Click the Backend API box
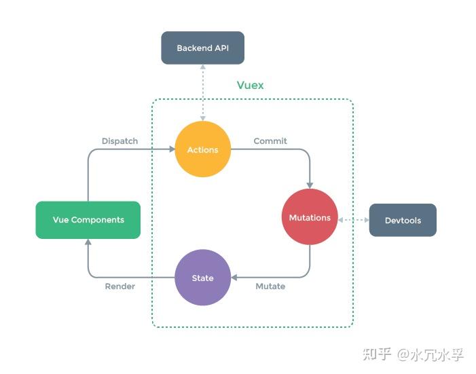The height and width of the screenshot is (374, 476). click(x=202, y=48)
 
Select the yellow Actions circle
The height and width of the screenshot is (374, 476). click(x=202, y=149)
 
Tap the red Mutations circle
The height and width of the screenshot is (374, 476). click(x=310, y=217)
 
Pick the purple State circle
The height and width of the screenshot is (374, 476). click(x=202, y=278)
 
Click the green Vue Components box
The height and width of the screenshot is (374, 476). click(x=88, y=220)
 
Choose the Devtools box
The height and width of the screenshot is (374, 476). click(x=403, y=220)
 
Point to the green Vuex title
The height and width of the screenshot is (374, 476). click(x=250, y=86)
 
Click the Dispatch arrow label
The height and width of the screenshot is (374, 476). click(x=120, y=141)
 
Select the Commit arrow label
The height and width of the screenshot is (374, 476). click(x=270, y=141)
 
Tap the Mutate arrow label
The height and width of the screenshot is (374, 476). click(x=270, y=286)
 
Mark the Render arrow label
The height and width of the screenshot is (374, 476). click(x=120, y=286)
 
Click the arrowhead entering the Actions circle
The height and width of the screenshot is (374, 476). click(x=171, y=149)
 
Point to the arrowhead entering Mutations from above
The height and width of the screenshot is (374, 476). click(x=310, y=185)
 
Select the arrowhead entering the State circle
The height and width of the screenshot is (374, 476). click(x=234, y=278)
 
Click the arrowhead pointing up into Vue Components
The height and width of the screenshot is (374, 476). click(x=88, y=242)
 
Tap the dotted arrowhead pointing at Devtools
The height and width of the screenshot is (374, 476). click(x=365, y=220)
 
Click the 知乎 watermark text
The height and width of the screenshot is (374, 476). click(x=377, y=354)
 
